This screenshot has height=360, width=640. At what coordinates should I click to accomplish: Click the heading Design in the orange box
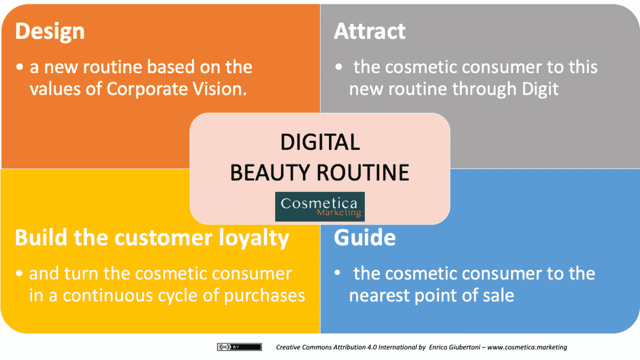(50, 32)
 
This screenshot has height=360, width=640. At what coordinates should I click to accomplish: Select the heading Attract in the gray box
(370, 32)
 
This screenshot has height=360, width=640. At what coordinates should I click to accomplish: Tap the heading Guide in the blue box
(365, 238)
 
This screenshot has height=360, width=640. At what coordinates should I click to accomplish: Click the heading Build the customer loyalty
(152, 238)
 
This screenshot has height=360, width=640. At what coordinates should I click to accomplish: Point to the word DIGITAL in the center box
(320, 142)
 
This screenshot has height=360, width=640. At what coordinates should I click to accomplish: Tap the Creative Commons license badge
(239, 347)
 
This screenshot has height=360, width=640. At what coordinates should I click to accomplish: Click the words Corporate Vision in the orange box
(177, 89)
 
